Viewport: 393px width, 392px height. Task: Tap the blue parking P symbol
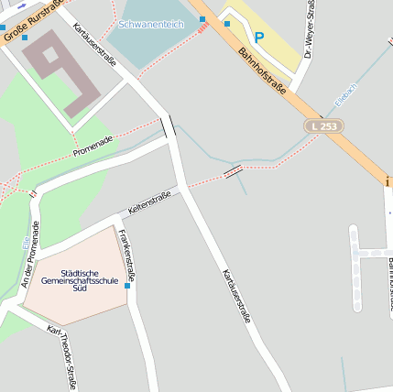tap(259, 38)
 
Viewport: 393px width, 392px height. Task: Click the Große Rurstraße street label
tap(24, 22)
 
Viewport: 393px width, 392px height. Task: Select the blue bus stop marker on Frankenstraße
tap(127, 287)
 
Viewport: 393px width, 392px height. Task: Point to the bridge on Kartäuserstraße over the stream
tap(169, 127)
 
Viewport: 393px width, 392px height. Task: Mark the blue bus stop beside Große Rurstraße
tap(25, 38)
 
